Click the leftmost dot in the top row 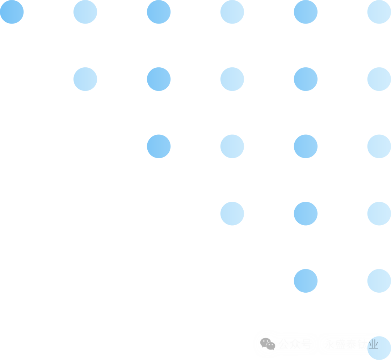[12, 12]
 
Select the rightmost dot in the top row [379, 12]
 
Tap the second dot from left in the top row [85, 12]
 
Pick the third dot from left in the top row [159, 12]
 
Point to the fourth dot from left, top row [232, 12]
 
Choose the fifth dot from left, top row [306, 12]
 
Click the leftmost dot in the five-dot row [85, 79]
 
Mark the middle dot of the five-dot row [232, 79]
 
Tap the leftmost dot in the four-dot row [159, 146]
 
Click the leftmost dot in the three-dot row [232, 214]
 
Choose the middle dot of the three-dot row [306, 214]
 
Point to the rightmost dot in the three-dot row [379, 214]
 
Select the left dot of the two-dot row [306, 281]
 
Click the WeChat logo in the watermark [268, 344]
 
